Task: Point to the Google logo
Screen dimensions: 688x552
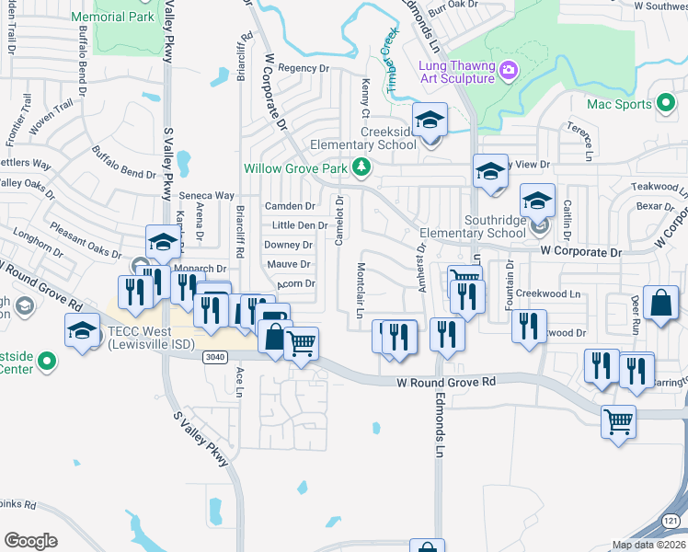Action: click(30, 541)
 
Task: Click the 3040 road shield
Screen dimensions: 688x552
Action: click(215, 357)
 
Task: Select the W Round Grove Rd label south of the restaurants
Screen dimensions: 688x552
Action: click(446, 381)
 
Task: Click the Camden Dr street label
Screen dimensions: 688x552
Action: click(290, 206)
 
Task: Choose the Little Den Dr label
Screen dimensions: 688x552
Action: click(299, 225)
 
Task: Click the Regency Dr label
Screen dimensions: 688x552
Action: click(303, 68)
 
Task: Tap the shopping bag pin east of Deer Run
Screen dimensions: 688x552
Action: click(660, 305)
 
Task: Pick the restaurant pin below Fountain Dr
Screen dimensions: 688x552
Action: click(529, 328)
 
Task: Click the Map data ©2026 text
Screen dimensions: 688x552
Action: click(649, 545)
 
